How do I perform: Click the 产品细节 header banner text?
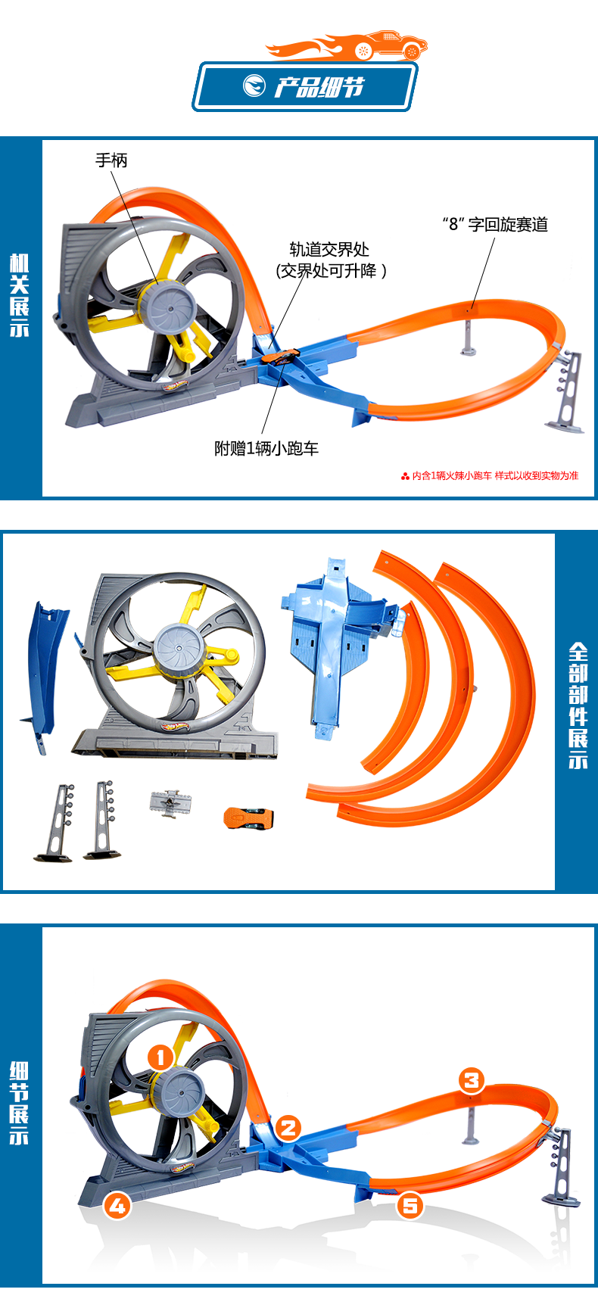[x=319, y=88]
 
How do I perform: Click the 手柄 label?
[x=111, y=160]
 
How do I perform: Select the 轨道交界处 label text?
[x=329, y=250]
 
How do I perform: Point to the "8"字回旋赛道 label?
[x=495, y=224]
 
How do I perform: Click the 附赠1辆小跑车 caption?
[x=266, y=448]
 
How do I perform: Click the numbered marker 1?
[x=160, y=1057]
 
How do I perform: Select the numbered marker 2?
[x=288, y=1129]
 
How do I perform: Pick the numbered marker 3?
[x=472, y=1080]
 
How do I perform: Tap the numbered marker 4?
[x=117, y=1204]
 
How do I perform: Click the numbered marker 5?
[x=410, y=1204]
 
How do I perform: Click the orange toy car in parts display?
[x=248, y=818]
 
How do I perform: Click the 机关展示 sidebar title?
[x=20, y=295]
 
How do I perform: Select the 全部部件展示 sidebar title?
[x=578, y=705]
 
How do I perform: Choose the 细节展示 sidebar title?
[x=20, y=1103]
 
